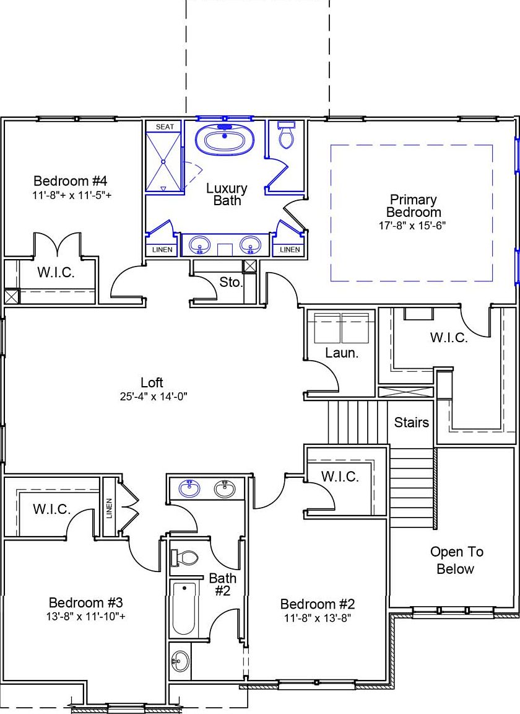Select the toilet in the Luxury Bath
[x=286, y=137]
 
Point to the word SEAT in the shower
[x=165, y=126]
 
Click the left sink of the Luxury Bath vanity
[x=200, y=245]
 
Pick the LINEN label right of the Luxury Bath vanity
[x=290, y=250]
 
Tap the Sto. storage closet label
[x=231, y=283]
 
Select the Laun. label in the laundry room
[x=342, y=353]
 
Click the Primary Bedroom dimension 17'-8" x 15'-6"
[x=412, y=226]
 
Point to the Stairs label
[x=412, y=422]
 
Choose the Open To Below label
[x=457, y=560]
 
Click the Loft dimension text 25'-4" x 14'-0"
[x=152, y=396]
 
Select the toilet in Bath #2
[x=185, y=558]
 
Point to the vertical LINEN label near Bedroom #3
[x=110, y=508]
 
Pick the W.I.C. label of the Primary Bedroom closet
[x=449, y=338]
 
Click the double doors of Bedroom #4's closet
[x=56, y=245]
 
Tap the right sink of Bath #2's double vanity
[x=225, y=489]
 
